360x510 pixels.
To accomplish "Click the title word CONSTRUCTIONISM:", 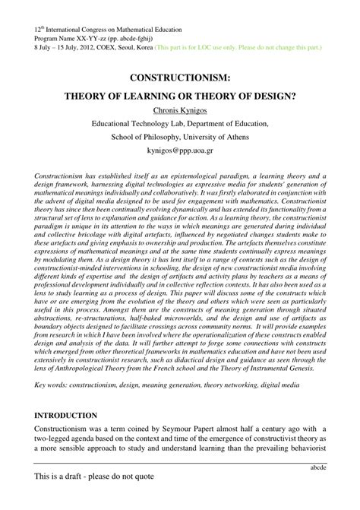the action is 179,78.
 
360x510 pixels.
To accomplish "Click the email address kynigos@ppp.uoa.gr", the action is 179,150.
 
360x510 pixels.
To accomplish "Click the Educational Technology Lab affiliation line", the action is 179,124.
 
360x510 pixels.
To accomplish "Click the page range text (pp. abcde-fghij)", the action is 119,36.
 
